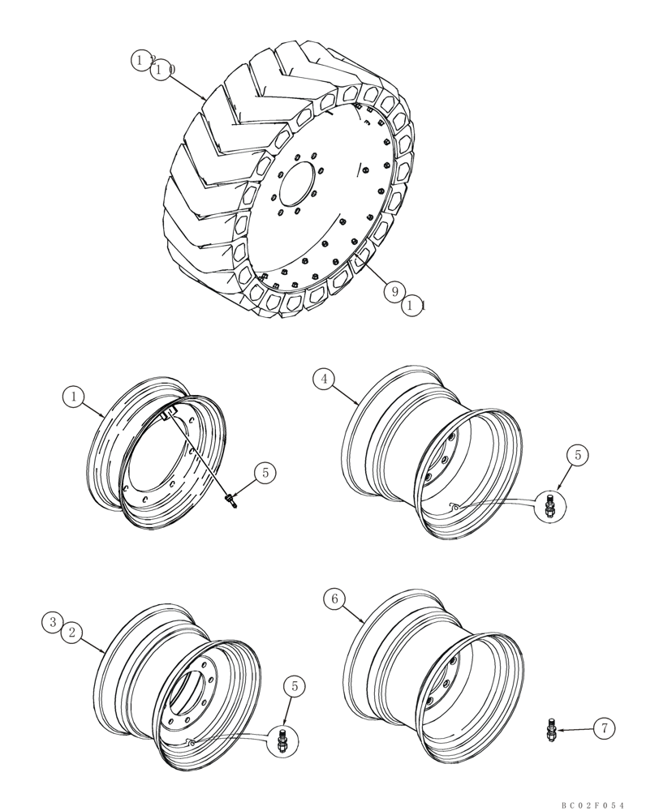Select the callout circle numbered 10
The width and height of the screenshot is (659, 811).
click(x=162, y=71)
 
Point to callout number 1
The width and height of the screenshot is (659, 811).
click(x=73, y=397)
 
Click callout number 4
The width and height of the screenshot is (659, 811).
click(x=325, y=379)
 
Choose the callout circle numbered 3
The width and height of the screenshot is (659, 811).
click(x=53, y=622)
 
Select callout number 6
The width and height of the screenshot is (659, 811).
click(x=333, y=599)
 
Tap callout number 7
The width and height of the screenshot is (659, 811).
click(x=601, y=729)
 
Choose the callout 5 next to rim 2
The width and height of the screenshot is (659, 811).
click(x=295, y=686)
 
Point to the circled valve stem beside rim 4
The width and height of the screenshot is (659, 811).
click(x=549, y=506)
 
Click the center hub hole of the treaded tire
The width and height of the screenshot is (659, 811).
click(x=303, y=191)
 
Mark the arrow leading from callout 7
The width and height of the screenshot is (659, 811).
click(x=574, y=730)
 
